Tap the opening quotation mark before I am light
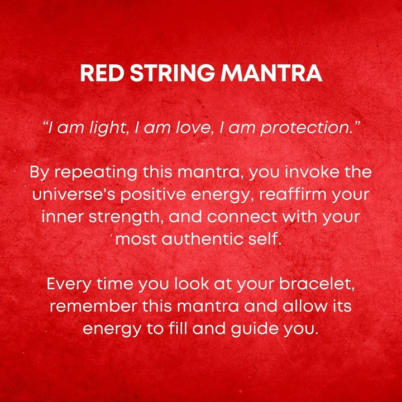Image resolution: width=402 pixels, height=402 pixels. [46, 124]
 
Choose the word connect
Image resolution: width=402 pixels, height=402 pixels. [244, 217]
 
